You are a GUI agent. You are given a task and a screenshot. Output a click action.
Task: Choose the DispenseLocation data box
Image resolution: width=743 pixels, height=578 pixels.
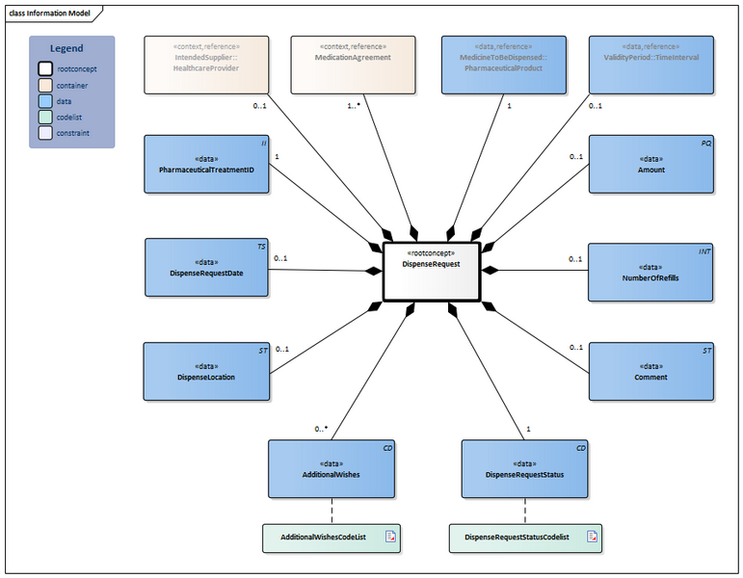click(x=206, y=371)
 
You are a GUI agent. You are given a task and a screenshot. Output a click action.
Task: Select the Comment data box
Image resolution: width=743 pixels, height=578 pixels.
click(x=651, y=371)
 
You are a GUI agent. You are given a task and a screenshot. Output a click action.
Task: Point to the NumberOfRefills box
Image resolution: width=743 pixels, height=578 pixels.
click(x=651, y=273)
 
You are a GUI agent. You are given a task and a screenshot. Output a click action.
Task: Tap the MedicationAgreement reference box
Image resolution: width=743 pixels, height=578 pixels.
click(x=353, y=65)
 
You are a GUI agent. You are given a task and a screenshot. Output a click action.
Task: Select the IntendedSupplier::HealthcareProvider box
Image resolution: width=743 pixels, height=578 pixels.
click(x=206, y=65)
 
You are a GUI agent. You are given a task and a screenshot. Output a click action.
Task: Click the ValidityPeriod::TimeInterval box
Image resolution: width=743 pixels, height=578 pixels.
click(x=651, y=65)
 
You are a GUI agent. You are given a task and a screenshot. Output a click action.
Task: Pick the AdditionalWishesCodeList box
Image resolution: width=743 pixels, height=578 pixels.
click(x=332, y=537)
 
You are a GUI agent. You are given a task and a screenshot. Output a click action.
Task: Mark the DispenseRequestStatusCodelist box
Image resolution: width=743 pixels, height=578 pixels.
click(x=525, y=537)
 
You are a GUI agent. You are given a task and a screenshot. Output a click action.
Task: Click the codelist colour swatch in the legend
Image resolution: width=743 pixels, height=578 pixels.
click(x=45, y=117)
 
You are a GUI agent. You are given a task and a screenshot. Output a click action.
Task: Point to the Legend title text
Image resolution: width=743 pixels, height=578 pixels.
click(x=66, y=48)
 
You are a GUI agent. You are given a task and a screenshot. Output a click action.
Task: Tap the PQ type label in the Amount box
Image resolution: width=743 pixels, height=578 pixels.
click(x=705, y=142)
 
